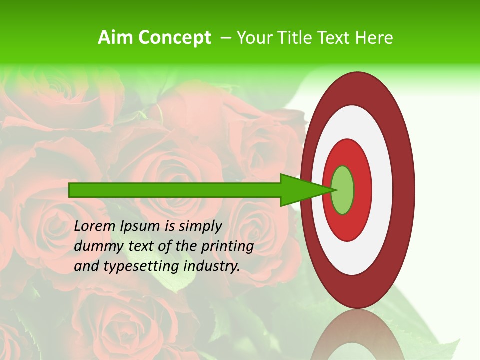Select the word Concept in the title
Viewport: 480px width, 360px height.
coord(174,38)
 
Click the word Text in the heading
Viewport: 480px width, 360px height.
coord(333,38)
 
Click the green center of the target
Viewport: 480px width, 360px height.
coord(343,190)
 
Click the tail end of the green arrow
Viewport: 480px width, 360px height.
coord(70,190)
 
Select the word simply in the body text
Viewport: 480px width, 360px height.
coord(200,227)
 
